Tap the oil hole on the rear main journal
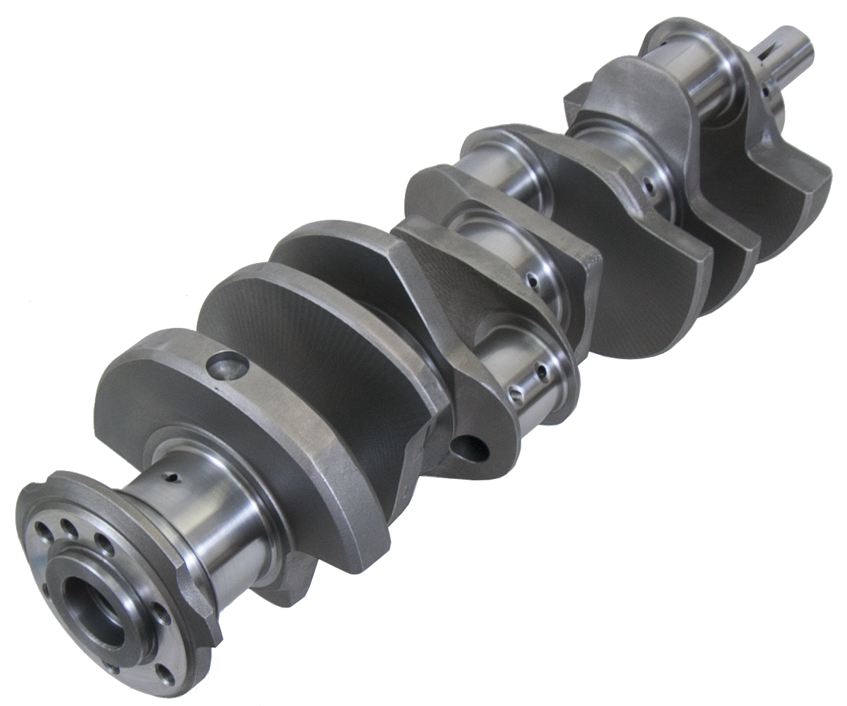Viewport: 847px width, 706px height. (173, 478)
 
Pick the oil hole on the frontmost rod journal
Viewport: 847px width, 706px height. (648, 188)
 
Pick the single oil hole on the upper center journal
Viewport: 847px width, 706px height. (536, 278)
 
